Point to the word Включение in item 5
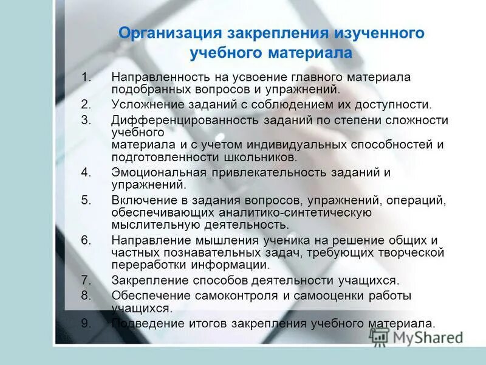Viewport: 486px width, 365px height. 139,200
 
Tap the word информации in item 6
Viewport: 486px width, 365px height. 233,265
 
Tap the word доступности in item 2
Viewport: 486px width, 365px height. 395,104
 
